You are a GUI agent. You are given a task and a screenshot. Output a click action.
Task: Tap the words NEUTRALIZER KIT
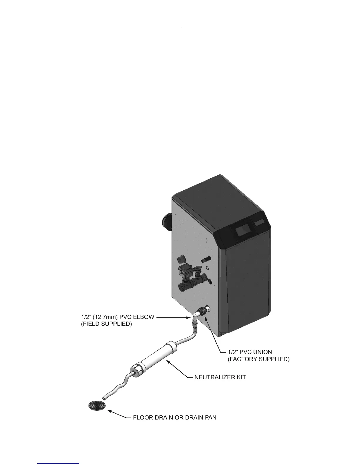coord(220,377)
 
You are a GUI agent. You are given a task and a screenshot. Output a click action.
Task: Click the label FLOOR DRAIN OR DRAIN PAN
coord(175,417)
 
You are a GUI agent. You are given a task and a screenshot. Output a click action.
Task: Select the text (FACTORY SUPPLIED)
coord(259,359)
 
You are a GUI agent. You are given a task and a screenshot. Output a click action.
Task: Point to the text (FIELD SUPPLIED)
coord(106,324)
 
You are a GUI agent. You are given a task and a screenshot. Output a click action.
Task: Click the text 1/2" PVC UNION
coord(250,352)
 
